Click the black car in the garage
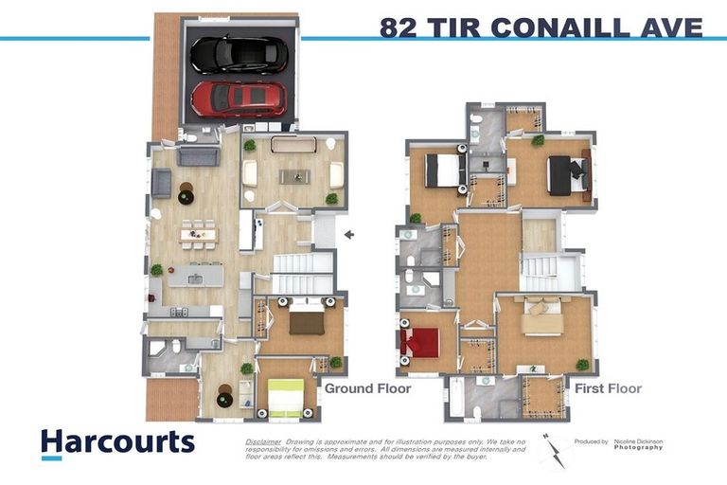239,55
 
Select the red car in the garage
239,98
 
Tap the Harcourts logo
117,442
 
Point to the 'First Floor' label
608,388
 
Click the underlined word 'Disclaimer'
263,442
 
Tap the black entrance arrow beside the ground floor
349,234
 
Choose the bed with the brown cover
307,320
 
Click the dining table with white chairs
199,232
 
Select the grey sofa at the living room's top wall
199,155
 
